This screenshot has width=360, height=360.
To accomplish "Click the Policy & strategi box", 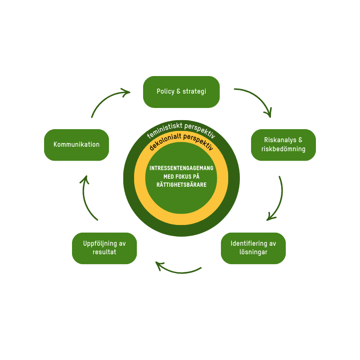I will [181, 92].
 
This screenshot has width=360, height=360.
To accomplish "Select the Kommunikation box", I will [76, 145].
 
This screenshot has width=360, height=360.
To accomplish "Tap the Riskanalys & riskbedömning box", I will [283, 145].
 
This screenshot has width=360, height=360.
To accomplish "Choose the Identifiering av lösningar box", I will [253, 248].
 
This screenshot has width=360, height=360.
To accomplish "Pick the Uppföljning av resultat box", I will [104, 248].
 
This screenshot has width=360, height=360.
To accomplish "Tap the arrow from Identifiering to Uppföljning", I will [179, 270].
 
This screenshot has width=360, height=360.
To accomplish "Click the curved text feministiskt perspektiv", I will [181, 129].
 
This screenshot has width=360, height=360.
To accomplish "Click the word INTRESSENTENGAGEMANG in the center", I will [181, 168].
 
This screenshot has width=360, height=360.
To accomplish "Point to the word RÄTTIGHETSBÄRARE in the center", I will [181, 184].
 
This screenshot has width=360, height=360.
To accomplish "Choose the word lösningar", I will [253, 252].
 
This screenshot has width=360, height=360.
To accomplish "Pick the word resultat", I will [104, 252].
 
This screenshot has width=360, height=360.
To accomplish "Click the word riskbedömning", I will [283, 149].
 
